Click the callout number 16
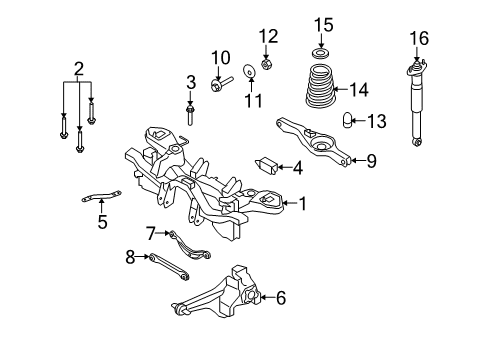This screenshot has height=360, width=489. coord(419,38)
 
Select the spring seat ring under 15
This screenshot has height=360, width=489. coord(320,53)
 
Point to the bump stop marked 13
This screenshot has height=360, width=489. coord(347,120)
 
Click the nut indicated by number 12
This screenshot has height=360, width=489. coord(266,64)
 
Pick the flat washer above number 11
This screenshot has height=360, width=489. coord(249,71)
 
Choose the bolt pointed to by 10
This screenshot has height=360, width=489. coord(221,83)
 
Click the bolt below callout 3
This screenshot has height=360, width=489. coord(190,115)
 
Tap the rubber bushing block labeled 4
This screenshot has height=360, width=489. coord(267,166)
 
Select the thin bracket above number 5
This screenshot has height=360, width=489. coord(101,196)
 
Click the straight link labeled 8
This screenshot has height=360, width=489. coord(169,267)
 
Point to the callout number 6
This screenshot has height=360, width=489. coord(281,298)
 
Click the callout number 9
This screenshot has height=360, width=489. coord(371,161)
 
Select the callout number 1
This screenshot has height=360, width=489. coord(303,204)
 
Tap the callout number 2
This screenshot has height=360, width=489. coord(79,69)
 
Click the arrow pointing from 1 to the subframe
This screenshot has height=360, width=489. coord(290,203)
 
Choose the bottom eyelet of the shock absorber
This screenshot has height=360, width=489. coord(417,143)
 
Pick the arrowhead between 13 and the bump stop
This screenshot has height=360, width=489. coord(354,120)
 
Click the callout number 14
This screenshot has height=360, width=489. coord(359,90)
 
